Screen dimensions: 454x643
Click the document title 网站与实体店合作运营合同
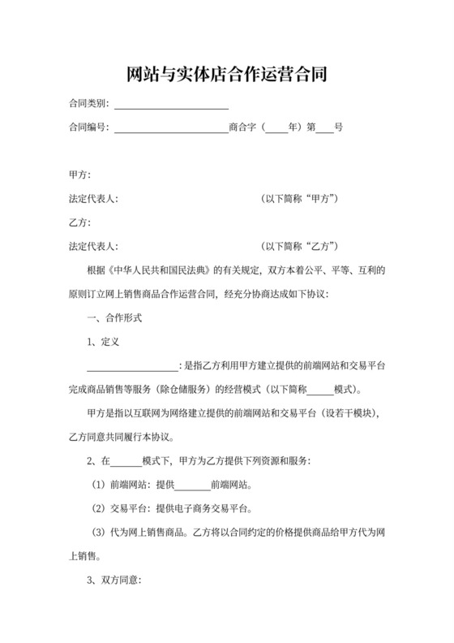tap(227, 76)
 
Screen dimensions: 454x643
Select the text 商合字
tap(243, 128)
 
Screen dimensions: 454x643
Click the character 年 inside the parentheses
tap(294, 128)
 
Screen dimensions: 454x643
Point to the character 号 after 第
tap(339, 128)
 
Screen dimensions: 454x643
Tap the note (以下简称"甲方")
tap(299, 199)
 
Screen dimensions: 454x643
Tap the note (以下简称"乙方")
tap(299, 246)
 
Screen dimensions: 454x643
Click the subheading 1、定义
tap(103, 340)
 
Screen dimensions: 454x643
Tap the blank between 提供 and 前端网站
tap(191, 488)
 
